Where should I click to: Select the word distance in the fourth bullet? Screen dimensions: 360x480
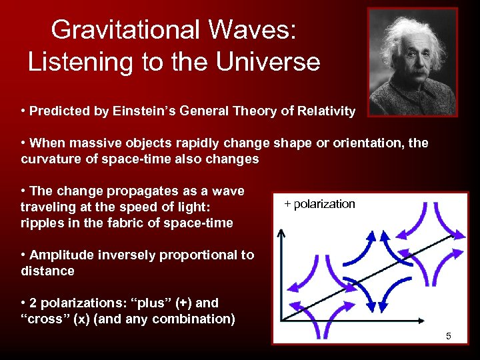click(x=47, y=271)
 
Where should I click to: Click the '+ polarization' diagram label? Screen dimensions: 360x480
click(x=319, y=204)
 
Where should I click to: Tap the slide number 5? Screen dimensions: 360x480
click(x=448, y=337)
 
